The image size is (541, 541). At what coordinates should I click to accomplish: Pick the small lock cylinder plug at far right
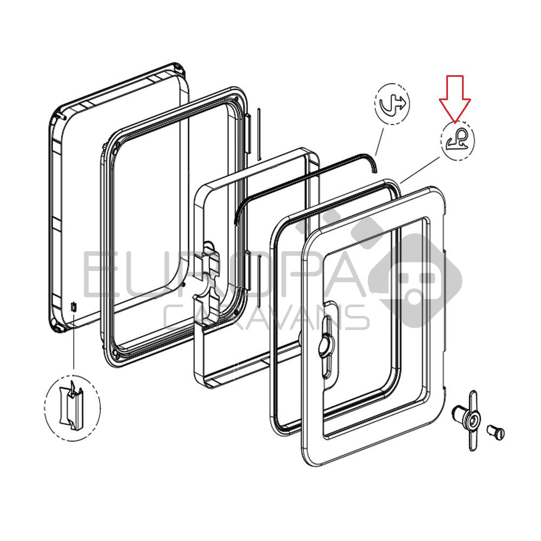point(496,431)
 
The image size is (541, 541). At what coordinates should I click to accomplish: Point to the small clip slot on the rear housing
point(74,307)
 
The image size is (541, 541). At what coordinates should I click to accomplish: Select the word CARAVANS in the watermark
point(266,318)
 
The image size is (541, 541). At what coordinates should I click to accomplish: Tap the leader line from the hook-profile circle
point(380,142)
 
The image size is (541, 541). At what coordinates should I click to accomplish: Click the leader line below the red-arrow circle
point(420,170)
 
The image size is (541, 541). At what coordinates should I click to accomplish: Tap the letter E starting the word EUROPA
point(97,275)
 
